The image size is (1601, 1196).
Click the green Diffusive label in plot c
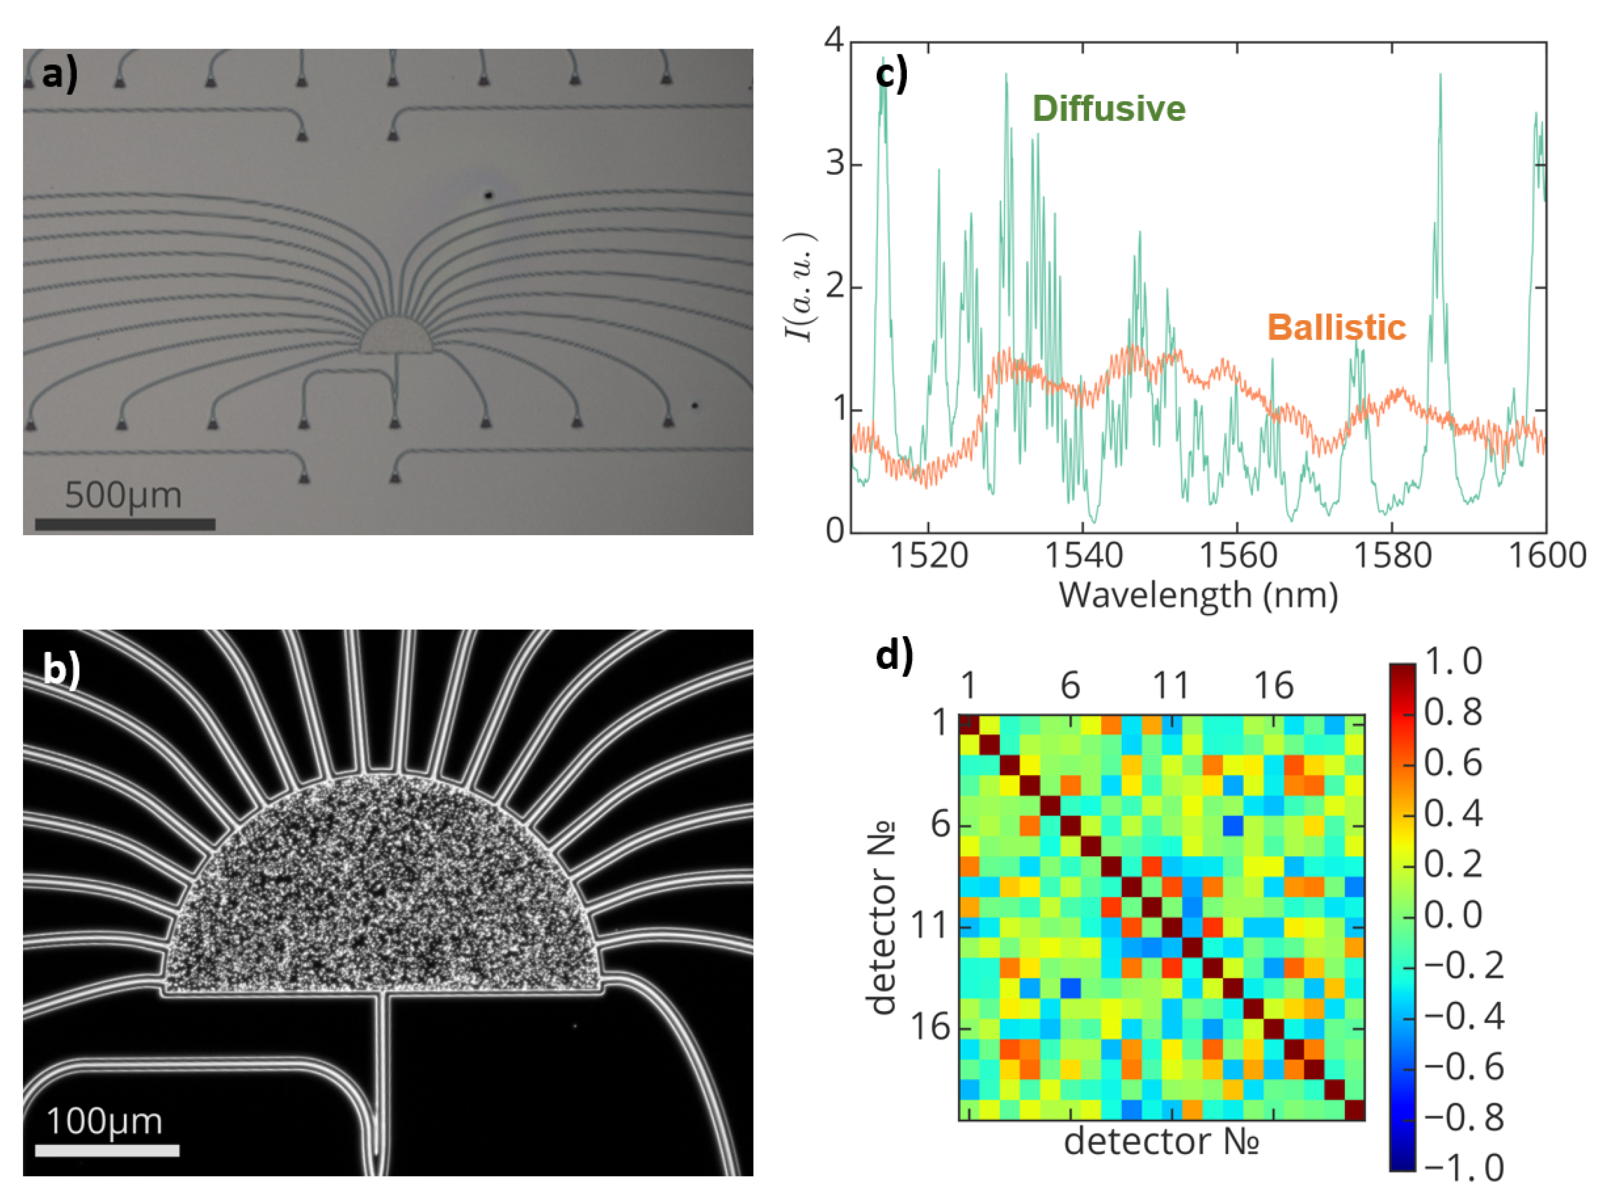1108,109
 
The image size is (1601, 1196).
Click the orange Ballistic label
1336,328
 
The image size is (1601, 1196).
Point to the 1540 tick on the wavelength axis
1083,556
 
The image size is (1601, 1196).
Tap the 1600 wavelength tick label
1547,556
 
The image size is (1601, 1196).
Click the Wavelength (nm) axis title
1198,596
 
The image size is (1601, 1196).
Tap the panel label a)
59,74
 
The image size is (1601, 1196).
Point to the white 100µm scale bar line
107,1150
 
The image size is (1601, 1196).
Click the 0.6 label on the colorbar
1452,763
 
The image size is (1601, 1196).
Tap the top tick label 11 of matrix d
1170,684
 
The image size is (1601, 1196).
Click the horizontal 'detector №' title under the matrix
1161,1142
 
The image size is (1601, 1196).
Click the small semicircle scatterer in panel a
396,337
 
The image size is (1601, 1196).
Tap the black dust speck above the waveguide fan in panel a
489,194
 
